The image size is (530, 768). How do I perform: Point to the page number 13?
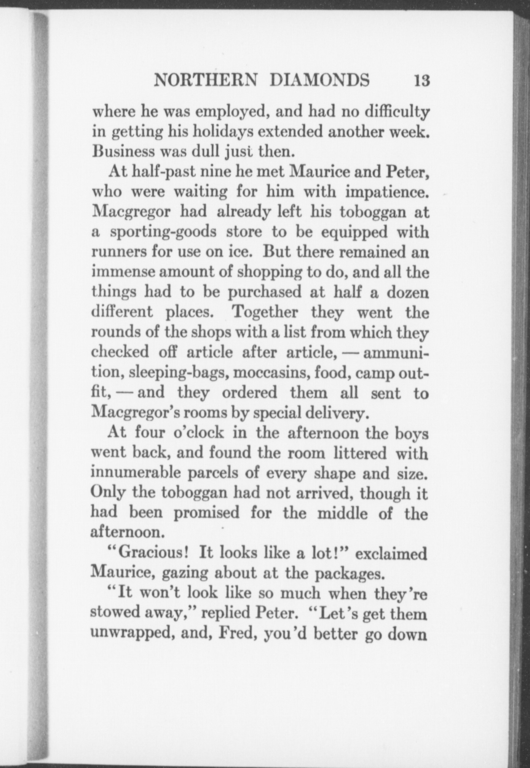(422, 81)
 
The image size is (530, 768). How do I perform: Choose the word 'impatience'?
(387, 192)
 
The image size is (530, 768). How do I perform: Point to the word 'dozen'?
(408, 293)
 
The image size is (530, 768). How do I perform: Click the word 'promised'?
(207, 513)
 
